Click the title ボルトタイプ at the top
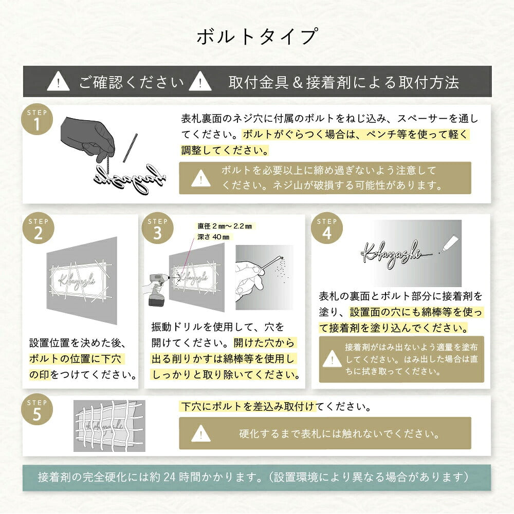(256, 37)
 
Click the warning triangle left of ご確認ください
(58, 82)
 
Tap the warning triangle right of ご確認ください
(200, 82)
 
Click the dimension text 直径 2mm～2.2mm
(225, 226)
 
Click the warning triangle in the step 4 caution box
(332, 359)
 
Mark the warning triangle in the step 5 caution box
(200, 434)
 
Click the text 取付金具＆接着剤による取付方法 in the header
(343, 82)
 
